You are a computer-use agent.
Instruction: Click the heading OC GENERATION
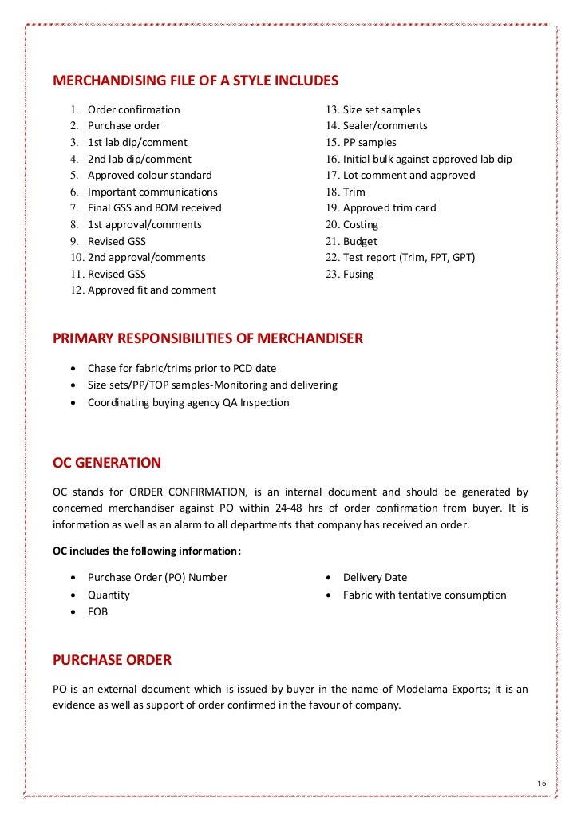click(x=107, y=463)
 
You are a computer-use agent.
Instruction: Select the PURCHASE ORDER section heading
click(x=112, y=660)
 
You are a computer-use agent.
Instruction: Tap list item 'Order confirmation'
click(x=133, y=109)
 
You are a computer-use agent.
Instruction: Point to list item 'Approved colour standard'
click(x=149, y=175)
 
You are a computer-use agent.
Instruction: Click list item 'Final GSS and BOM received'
click(x=154, y=207)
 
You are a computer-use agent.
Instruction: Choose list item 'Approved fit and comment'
click(x=152, y=290)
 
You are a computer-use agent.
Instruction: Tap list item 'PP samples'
click(x=370, y=142)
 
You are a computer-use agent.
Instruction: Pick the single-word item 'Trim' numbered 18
click(x=354, y=192)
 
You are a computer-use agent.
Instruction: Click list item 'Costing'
click(x=361, y=224)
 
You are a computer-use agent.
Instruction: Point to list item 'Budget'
click(x=360, y=241)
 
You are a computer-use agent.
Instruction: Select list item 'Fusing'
click(x=358, y=274)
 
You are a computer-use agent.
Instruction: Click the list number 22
click(x=332, y=257)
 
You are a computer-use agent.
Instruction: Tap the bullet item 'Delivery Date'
click(x=374, y=577)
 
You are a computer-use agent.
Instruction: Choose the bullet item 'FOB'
click(x=97, y=611)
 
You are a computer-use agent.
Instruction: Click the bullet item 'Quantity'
click(x=109, y=595)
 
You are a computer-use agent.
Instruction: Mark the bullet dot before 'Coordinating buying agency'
click(x=73, y=403)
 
